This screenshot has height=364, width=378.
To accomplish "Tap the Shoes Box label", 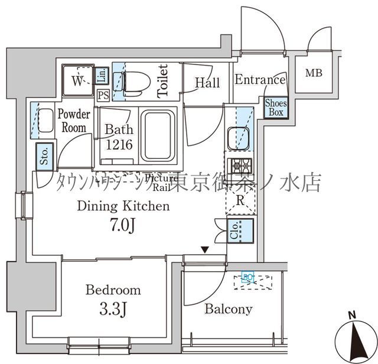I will tap(275, 108).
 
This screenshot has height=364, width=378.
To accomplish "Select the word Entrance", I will tap(260, 80).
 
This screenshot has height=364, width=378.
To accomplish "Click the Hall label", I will tap(207, 83).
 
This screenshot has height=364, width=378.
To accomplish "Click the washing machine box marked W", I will tap(78, 81).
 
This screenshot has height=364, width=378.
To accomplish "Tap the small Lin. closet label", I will tap(102, 75).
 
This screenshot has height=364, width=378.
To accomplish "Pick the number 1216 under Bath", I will tap(119, 145).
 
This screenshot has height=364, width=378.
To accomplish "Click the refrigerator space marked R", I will tap(240, 199).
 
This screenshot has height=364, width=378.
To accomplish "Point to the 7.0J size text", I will tap(124, 226).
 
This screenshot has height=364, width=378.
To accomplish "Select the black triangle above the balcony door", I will tap(205, 251).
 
